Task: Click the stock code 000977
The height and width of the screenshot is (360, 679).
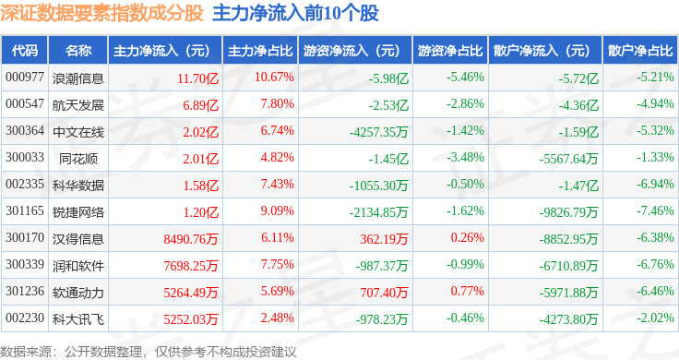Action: pos(25,78)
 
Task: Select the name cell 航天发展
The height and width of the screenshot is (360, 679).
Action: pos(78,105)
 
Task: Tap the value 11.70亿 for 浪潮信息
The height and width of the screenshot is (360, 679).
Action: pos(198,78)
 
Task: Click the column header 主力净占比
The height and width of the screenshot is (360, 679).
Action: pos(260,51)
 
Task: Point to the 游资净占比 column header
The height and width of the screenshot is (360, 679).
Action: pos(450,51)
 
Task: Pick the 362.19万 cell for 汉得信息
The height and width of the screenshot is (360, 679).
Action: pos(384,239)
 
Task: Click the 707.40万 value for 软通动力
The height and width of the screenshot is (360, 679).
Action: pos(384,293)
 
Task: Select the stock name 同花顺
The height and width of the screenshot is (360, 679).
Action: pos(78,159)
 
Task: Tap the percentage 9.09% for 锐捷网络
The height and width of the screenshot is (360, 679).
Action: pos(277,211)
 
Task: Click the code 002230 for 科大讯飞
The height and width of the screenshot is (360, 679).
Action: pos(25,318)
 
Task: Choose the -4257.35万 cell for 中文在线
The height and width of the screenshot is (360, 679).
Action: pos(379,132)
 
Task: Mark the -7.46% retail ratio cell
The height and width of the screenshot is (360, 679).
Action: pos(655,211)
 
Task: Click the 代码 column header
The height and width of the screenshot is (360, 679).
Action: pos(25,51)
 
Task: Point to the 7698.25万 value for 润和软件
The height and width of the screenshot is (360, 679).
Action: pos(191,266)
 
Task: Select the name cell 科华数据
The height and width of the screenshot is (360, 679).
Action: pos(78,186)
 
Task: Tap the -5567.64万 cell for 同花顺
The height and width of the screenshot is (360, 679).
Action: pos(568,159)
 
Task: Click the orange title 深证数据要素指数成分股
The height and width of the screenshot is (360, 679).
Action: pos(101,13)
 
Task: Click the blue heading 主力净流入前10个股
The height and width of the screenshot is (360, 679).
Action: pos(296,13)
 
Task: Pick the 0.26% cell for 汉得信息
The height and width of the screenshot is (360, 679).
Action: pos(467,238)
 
